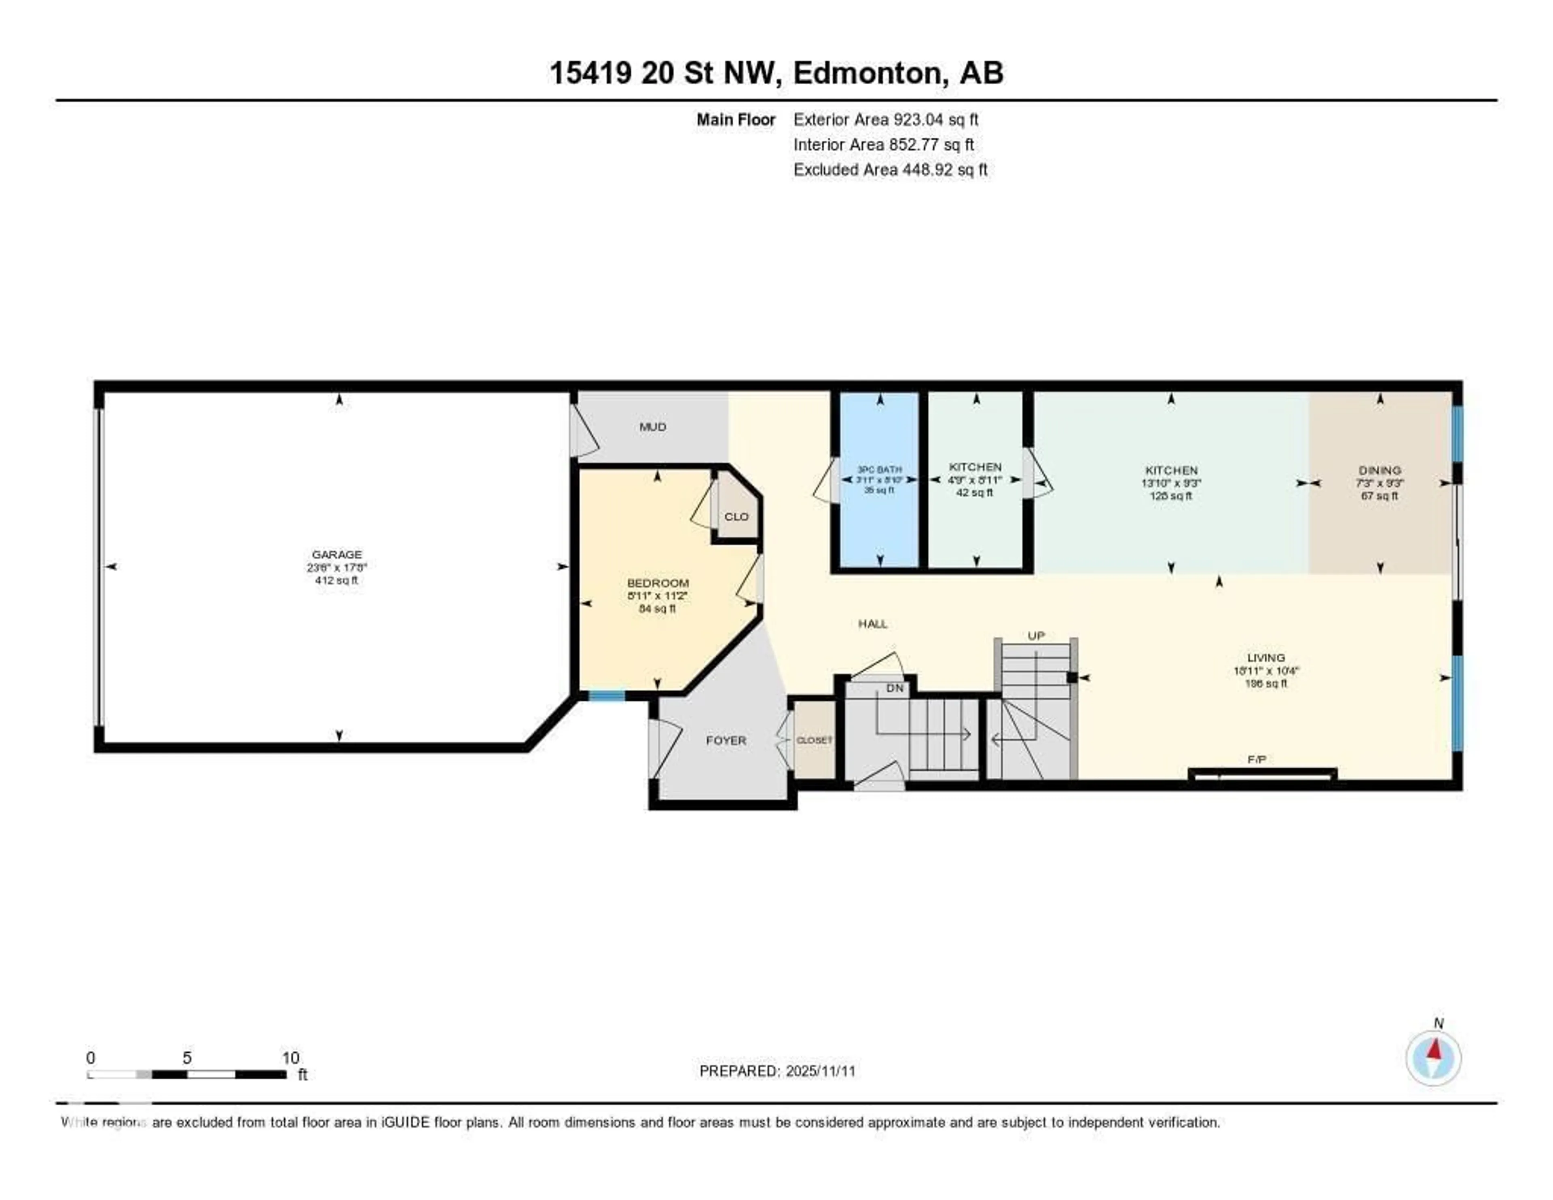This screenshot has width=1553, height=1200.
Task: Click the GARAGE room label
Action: [x=336, y=554]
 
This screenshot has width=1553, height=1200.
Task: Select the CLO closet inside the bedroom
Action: [x=736, y=516]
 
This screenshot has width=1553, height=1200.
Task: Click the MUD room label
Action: [x=652, y=427]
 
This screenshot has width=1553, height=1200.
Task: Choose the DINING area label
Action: [x=1380, y=470]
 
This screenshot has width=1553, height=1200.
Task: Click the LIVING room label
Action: [x=1266, y=658]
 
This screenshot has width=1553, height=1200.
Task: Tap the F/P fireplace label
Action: [x=1257, y=760]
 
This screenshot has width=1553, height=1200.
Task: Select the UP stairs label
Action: [x=1036, y=635]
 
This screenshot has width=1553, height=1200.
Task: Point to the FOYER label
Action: [x=726, y=740]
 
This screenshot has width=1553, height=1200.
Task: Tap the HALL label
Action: [x=872, y=624]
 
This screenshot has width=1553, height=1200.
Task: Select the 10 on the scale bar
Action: [x=290, y=1058]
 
